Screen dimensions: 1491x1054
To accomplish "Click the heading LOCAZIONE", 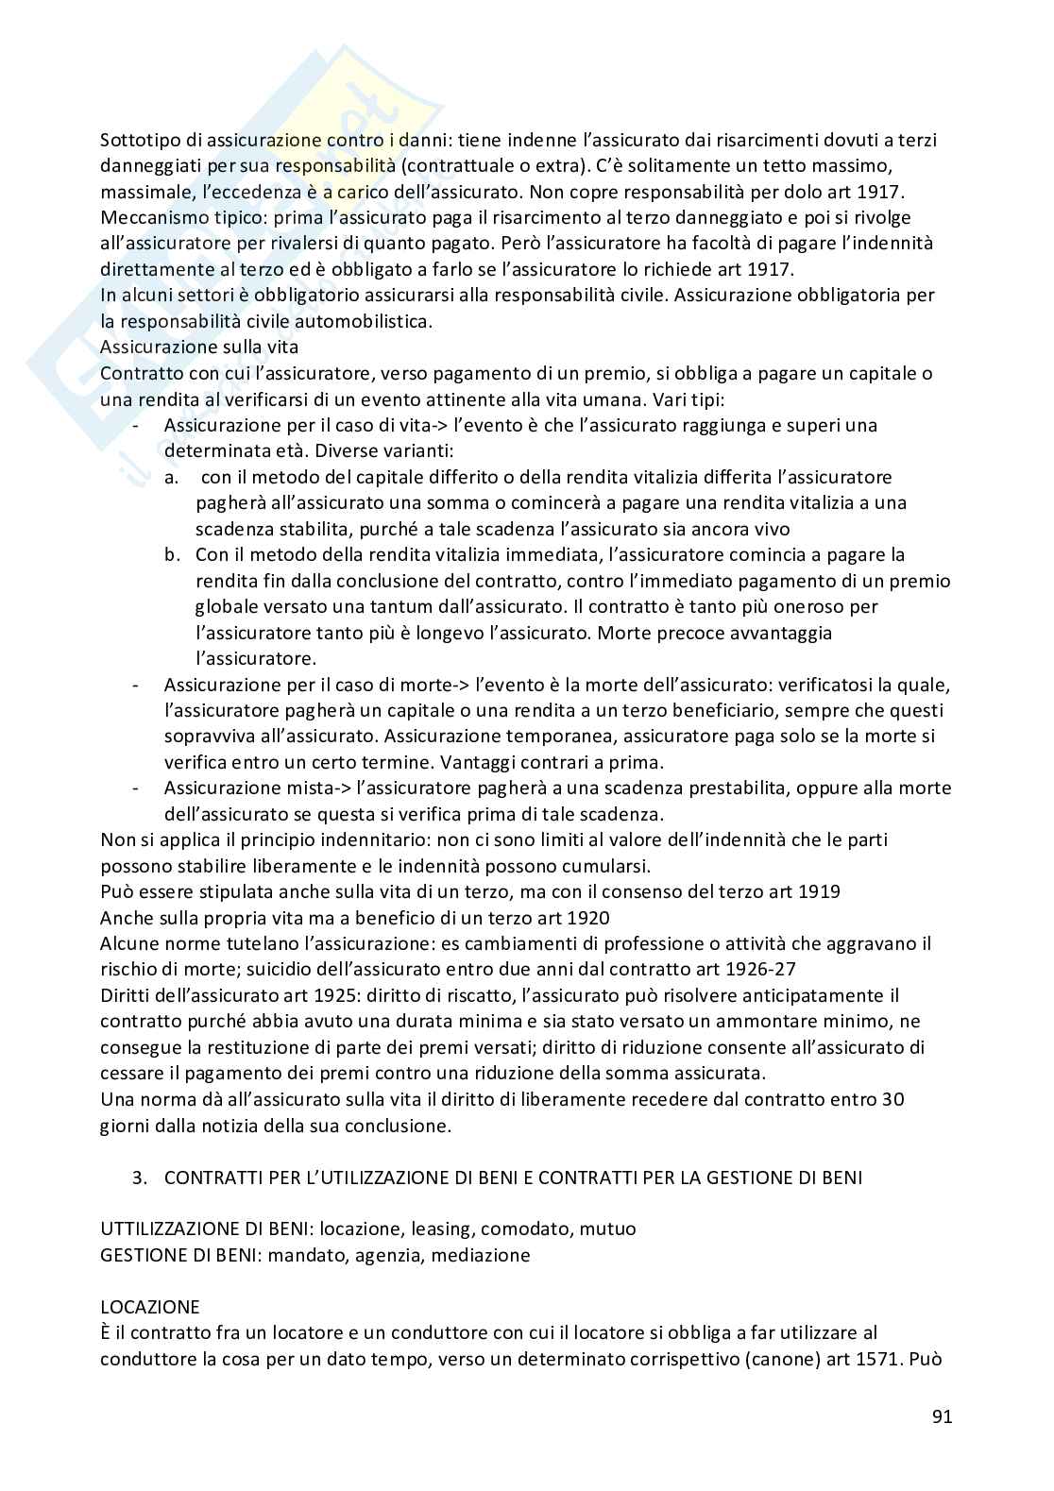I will tap(150, 1307).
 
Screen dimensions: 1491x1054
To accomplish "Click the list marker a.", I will tap(171, 477).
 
